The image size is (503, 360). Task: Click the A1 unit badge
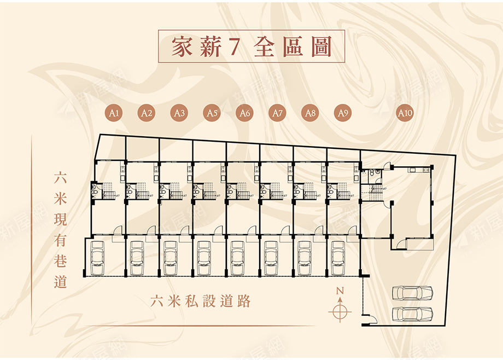[x=114, y=113]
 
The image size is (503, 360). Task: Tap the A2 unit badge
[x=146, y=113]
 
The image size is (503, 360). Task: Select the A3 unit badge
[x=179, y=113]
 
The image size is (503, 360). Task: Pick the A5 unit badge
[x=212, y=113]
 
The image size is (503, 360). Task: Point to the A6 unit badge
[x=244, y=113]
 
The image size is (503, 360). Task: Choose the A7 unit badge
[x=278, y=113]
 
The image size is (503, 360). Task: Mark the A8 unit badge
[x=311, y=113]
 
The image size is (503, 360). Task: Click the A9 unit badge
[x=343, y=113]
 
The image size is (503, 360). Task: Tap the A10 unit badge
[x=405, y=113]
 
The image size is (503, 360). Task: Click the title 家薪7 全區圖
[x=251, y=47]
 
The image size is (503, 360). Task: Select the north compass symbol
[x=340, y=310]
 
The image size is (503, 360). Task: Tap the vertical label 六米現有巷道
[x=60, y=230]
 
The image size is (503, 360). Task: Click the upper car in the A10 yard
[x=412, y=293]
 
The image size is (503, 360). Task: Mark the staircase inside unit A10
[x=376, y=191]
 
